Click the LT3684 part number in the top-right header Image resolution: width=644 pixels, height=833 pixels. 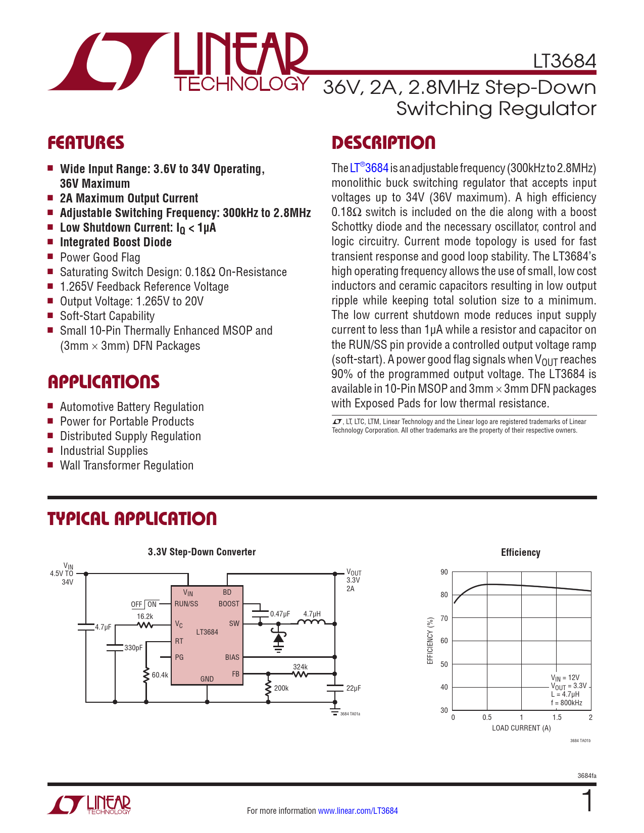[564, 61]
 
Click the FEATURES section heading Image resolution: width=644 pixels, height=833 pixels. [86, 143]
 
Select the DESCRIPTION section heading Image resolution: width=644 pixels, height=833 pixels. [383, 143]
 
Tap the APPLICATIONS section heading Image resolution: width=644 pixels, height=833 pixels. [104, 382]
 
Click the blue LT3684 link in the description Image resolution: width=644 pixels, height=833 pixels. [369, 168]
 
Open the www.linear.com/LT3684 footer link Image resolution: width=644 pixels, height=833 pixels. [358, 811]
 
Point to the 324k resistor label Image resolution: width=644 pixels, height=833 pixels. [300, 667]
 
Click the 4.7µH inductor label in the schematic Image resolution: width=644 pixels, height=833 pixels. [312, 614]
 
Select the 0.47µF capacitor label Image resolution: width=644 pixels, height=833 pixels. [280, 614]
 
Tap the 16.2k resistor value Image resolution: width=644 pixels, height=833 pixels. [145, 616]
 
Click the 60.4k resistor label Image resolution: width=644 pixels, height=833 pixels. [160, 675]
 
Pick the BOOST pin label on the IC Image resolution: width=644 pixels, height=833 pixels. [229, 604]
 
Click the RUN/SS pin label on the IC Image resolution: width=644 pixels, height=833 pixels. [186, 604]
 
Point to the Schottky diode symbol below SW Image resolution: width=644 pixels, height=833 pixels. [278, 638]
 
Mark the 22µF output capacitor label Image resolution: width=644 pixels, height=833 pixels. [354, 688]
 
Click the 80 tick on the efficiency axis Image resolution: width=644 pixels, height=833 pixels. [444, 595]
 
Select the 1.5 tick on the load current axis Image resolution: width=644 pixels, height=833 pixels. [556, 717]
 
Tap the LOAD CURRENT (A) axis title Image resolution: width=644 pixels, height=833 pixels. [521, 728]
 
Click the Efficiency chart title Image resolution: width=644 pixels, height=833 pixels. [520, 553]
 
